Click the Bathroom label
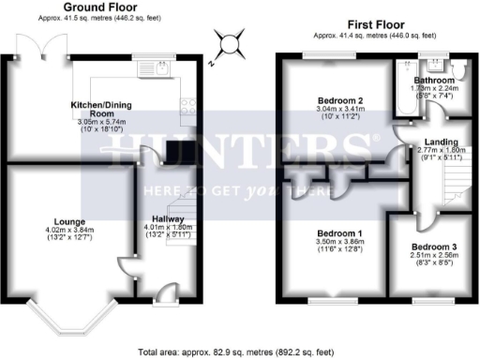(435, 81)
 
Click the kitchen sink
(161, 67)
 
